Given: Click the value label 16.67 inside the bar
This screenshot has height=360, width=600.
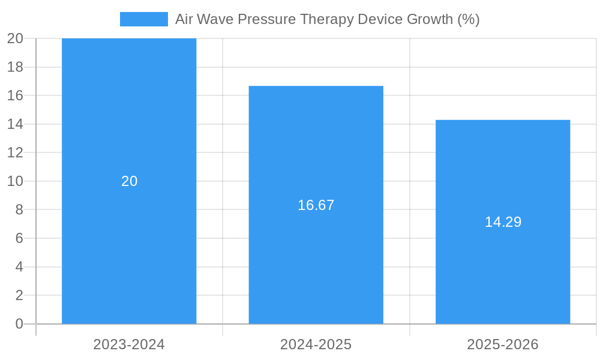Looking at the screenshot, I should pos(316,205).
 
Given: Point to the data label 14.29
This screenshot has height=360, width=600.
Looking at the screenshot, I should pos(503,222).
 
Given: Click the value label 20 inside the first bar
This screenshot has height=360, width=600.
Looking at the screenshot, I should pos(129,181).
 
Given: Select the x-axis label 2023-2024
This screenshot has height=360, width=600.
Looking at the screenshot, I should pos(129,344).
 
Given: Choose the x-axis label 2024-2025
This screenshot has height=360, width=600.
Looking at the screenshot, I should pos(316,344).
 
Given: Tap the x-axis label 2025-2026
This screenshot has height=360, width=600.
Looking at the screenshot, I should pos(503,344).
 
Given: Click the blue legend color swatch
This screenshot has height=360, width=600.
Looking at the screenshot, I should pos(144,19).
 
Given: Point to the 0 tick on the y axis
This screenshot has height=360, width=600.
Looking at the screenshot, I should pos(19,324).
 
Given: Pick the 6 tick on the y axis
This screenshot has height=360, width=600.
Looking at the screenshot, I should pos(19,238).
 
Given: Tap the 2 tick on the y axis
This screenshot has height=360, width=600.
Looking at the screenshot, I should pos(19,295).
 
